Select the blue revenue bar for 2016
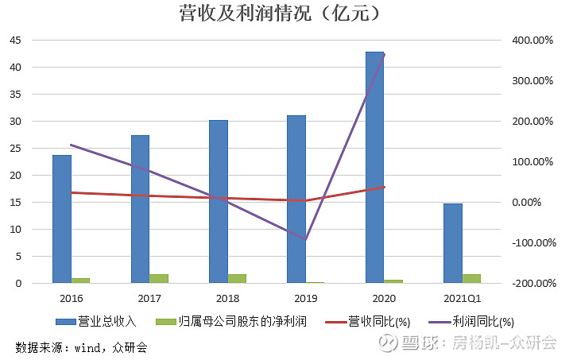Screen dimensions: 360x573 click(x=62, y=219)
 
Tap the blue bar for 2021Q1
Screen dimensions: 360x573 click(x=452, y=242)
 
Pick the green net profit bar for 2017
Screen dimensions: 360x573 click(x=159, y=278)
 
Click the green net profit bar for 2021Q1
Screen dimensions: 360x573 click(x=471, y=278)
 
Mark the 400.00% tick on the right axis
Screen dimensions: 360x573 click(x=531, y=40)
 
